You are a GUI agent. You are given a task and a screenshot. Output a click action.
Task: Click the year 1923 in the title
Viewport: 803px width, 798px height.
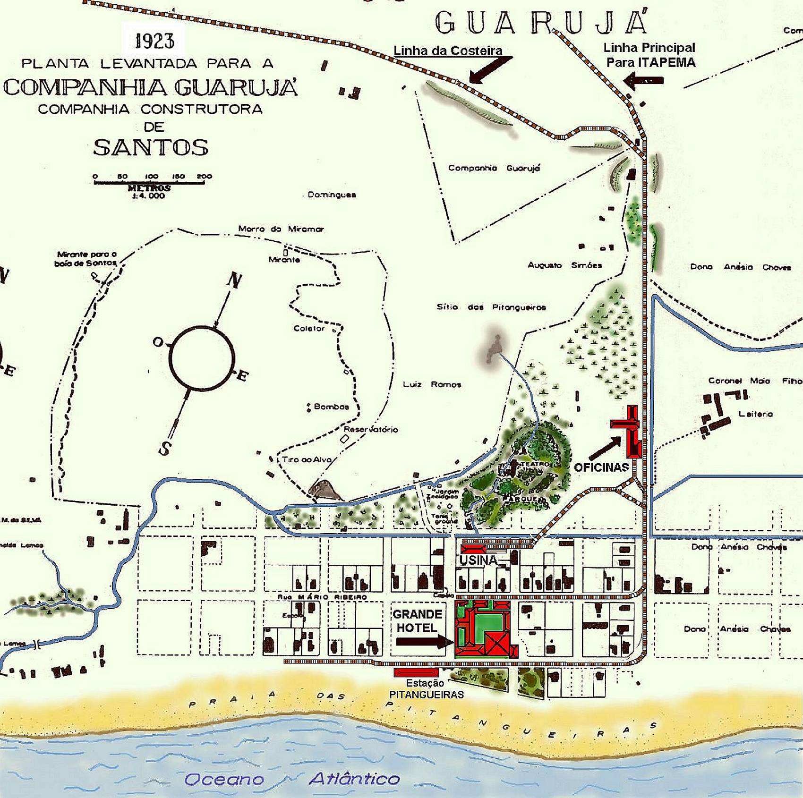click(155, 42)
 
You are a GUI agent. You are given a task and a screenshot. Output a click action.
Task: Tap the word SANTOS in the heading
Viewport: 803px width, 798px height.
click(151, 148)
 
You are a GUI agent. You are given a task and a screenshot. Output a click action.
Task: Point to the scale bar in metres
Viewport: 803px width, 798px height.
click(149, 182)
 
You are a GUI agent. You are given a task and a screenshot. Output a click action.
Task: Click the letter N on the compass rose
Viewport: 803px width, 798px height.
click(234, 281)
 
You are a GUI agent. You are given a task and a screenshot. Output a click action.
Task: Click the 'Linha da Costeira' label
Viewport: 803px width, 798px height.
click(448, 51)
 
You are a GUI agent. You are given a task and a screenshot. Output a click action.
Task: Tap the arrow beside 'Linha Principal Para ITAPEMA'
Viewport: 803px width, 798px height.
click(643, 81)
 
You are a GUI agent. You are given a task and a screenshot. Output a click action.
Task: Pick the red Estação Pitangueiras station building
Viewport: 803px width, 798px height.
click(416, 672)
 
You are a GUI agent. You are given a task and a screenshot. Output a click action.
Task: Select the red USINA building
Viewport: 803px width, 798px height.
click(473, 549)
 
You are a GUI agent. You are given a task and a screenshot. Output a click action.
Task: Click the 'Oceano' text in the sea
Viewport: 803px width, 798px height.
click(224, 779)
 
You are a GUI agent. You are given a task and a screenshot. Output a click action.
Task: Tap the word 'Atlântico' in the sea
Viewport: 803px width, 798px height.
click(354, 778)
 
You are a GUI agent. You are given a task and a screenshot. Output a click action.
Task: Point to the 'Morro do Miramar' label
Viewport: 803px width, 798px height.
click(281, 229)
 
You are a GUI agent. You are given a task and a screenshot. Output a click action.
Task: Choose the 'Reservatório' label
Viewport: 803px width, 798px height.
click(371, 430)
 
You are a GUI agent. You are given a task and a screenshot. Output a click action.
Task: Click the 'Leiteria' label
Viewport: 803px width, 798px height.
click(756, 414)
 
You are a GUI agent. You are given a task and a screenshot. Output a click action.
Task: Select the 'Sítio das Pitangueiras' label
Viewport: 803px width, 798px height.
click(491, 307)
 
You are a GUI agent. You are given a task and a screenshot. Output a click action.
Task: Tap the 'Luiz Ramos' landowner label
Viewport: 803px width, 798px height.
click(432, 384)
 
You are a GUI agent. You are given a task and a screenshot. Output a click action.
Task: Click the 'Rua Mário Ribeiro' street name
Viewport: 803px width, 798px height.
click(322, 597)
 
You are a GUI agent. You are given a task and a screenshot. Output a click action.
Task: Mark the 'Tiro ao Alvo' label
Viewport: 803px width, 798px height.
click(307, 459)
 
